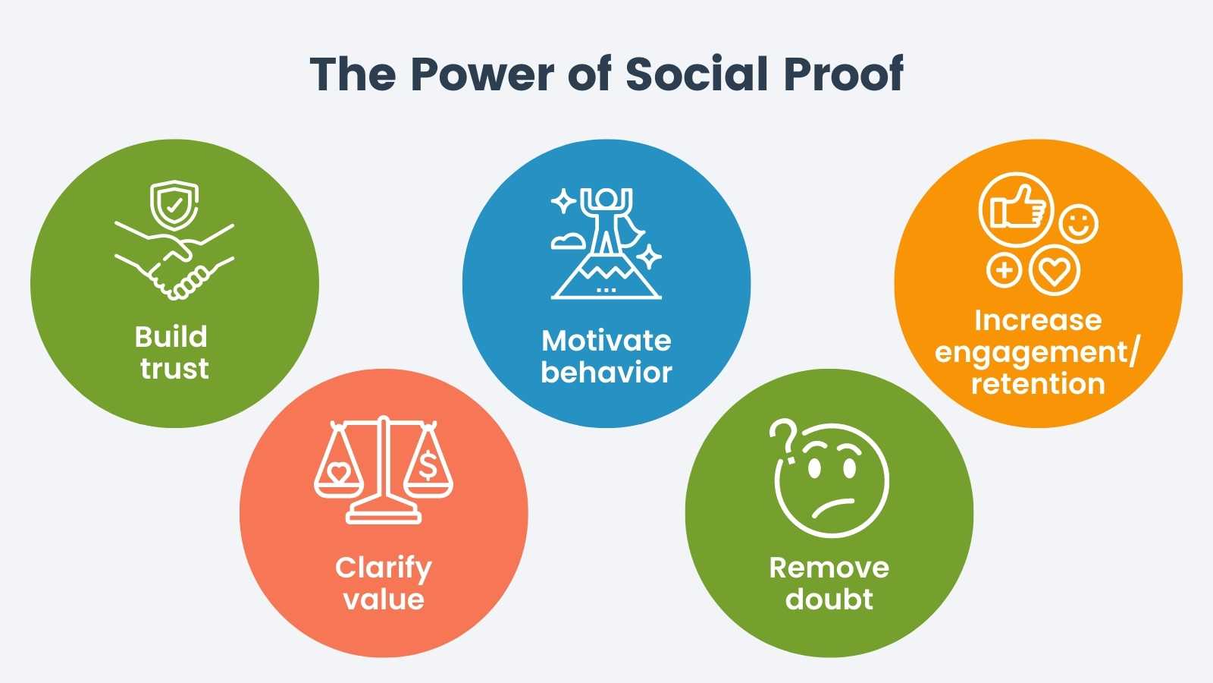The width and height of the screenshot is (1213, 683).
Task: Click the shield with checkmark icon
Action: click(x=174, y=204)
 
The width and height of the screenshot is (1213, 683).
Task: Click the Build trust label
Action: click(x=172, y=353)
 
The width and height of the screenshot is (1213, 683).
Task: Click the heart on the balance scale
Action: click(x=338, y=473)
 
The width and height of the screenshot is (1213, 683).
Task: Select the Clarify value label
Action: click(x=384, y=584)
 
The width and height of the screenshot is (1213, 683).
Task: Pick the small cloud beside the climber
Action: click(x=568, y=241)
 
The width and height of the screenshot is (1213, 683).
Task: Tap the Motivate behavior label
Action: click(x=606, y=357)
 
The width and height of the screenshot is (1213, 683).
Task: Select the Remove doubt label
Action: click(x=829, y=584)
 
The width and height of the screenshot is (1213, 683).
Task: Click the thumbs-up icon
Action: click(x=1016, y=209)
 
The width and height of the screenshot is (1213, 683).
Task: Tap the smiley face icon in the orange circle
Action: click(x=1078, y=224)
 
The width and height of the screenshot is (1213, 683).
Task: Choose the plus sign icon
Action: click(x=1004, y=270)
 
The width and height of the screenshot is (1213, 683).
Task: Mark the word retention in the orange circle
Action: click(x=1038, y=384)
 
